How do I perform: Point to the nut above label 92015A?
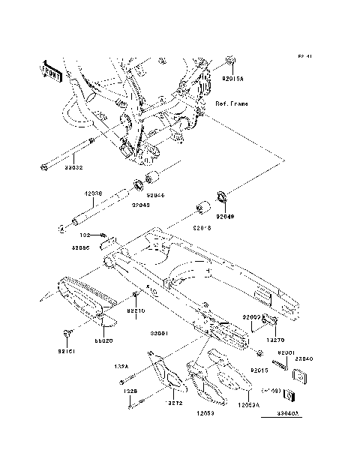click(x=232, y=61)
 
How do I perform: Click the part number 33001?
click(x=157, y=333)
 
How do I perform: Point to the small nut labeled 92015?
click(x=259, y=352)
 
